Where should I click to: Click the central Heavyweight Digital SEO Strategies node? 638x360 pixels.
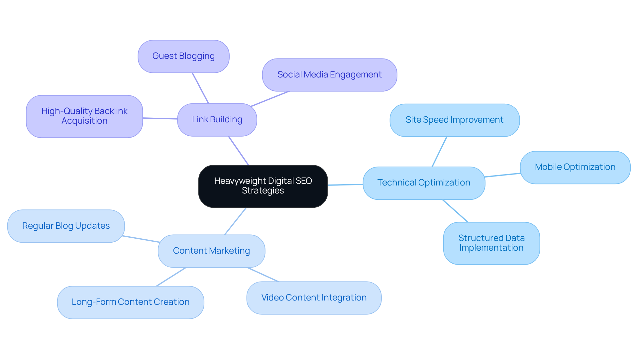(x=263, y=186)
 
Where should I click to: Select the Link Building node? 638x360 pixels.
(x=217, y=120)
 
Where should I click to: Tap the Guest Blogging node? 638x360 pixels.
(x=183, y=56)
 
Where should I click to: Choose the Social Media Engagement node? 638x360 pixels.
(x=329, y=75)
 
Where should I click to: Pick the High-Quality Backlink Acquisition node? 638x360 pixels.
(x=84, y=116)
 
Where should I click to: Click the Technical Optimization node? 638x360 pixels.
(x=424, y=183)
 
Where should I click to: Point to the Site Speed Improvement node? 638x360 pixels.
(x=454, y=120)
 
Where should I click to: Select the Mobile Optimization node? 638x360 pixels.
(x=575, y=167)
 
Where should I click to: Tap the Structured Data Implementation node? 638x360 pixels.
(x=491, y=243)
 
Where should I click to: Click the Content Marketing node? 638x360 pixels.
(x=211, y=251)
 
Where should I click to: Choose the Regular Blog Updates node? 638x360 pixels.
(x=66, y=226)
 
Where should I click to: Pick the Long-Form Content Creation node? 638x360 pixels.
(x=131, y=302)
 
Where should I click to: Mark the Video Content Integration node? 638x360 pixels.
(x=314, y=298)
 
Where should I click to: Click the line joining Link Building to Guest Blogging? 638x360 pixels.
(x=200, y=88)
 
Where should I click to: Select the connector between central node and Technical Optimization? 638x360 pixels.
(x=345, y=184)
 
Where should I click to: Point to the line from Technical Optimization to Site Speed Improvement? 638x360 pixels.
(x=439, y=152)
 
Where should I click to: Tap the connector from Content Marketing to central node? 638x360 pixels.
(x=235, y=221)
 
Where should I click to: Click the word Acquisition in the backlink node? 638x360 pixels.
(x=84, y=121)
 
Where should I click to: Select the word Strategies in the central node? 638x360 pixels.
(x=263, y=191)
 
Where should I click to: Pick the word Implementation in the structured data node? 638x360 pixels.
(x=491, y=248)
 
